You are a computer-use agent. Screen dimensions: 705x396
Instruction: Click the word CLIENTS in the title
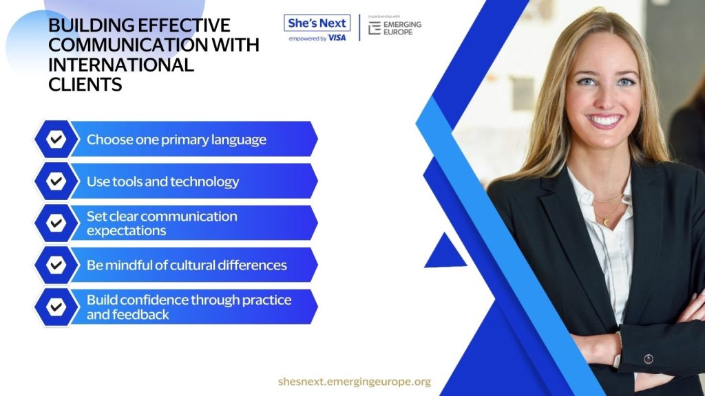tap(85, 85)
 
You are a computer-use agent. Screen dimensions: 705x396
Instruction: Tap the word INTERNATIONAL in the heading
tap(121, 65)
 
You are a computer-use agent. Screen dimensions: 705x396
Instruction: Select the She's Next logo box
tap(317, 23)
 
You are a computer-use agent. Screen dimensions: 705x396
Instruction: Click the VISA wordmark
tap(337, 38)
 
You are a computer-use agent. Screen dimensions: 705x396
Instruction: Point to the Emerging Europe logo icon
tap(374, 27)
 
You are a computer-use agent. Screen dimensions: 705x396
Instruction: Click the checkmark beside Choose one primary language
tap(56, 139)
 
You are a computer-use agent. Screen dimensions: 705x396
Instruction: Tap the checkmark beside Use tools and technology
tap(56, 181)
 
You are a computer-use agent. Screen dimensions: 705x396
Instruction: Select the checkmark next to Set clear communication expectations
tap(56, 223)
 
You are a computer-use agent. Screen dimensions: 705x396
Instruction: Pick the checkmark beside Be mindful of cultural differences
tap(56, 265)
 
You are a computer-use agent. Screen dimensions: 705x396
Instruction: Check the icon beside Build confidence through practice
tap(56, 307)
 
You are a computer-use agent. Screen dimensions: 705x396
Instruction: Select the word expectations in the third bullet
tap(127, 231)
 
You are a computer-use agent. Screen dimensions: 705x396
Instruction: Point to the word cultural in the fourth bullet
tap(192, 265)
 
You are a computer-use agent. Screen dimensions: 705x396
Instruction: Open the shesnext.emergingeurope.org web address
tap(355, 382)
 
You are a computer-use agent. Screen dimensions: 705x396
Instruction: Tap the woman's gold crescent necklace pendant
tap(607, 222)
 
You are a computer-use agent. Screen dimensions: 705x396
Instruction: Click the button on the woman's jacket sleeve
tap(649, 359)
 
